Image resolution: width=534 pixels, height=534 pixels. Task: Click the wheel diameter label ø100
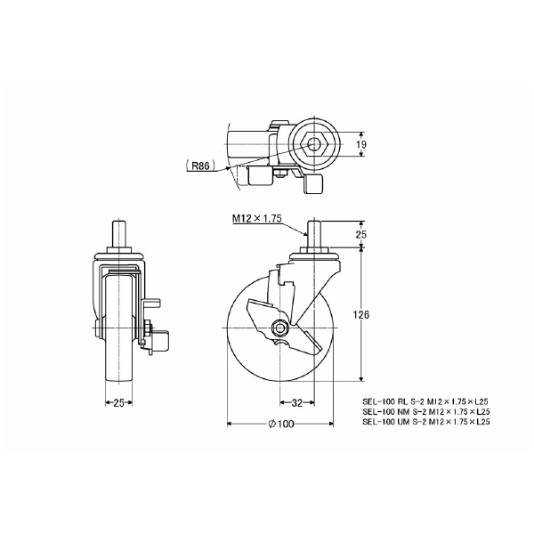click(280, 424)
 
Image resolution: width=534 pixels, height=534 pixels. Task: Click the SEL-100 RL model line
click(426, 402)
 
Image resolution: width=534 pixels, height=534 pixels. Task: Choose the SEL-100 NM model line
click(426, 413)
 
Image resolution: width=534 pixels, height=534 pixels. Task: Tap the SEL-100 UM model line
click(426, 423)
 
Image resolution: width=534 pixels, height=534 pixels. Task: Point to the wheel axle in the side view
click(280, 327)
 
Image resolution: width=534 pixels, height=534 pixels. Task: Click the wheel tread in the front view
click(119, 374)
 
